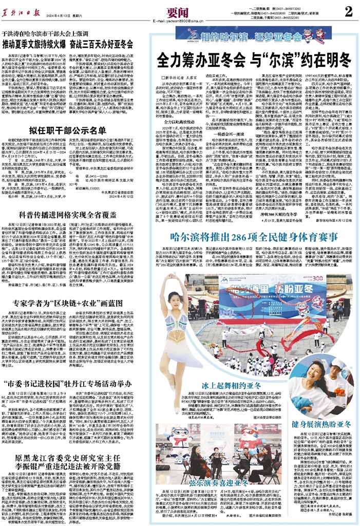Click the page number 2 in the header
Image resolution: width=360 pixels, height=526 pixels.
348,12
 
